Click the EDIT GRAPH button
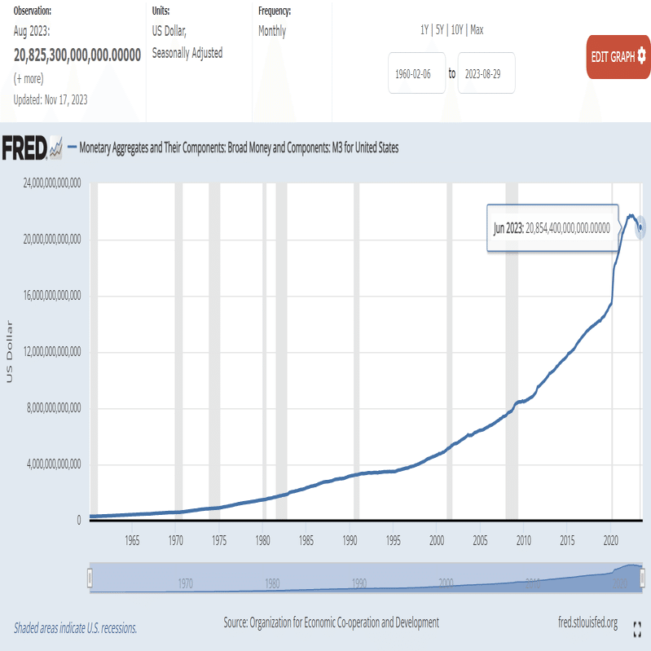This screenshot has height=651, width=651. (x=618, y=57)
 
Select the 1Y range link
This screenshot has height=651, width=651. (x=424, y=30)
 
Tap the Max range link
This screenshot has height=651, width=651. (x=477, y=30)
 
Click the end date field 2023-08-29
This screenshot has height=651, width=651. (x=486, y=73)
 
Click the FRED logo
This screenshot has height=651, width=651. (x=32, y=148)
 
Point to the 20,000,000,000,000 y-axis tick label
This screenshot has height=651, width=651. (x=45, y=240)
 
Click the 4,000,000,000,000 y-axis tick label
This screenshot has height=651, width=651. (x=46, y=464)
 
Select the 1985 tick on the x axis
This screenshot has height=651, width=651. (x=306, y=540)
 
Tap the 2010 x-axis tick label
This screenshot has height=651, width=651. (x=523, y=540)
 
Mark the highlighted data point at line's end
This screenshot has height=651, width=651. (x=641, y=227)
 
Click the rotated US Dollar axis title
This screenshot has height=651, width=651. (x=11, y=352)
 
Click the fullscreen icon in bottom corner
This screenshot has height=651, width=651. (x=638, y=627)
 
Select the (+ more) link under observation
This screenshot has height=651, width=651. (x=29, y=78)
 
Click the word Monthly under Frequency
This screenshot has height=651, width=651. (x=272, y=32)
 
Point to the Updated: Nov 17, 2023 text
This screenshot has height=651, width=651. (x=51, y=99)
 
